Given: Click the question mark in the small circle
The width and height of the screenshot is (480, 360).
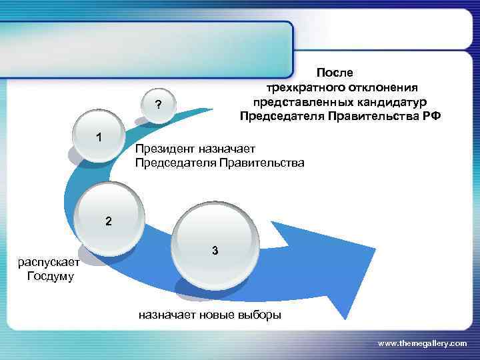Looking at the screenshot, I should tap(158, 105).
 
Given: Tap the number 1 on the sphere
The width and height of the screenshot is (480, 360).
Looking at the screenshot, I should tap(99, 138).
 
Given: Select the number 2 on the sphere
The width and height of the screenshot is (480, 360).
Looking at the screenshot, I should tap(108, 221).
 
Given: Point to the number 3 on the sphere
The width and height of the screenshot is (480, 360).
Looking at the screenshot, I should tap(215, 251).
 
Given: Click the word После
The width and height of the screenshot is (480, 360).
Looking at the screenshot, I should tap(336, 72).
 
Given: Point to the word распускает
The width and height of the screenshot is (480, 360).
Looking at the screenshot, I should tap(48, 261).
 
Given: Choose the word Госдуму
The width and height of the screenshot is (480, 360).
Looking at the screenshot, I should tap(51, 275).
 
